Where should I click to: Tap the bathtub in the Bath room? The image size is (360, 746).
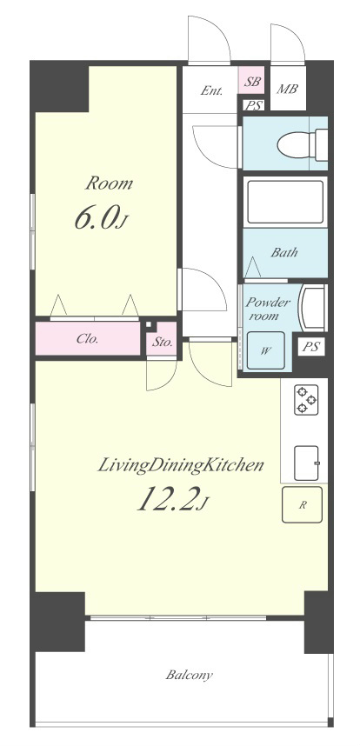click(285, 201)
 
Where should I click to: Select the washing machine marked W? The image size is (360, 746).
click(266, 351)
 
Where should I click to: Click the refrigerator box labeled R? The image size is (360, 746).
click(302, 505)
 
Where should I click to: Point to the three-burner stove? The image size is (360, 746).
click(306, 400)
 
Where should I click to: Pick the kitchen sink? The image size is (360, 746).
click(306, 463)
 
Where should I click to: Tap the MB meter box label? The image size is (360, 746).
click(287, 89)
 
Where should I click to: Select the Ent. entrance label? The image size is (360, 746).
click(211, 90)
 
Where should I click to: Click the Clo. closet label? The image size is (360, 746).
click(88, 339)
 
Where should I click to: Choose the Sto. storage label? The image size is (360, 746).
click(163, 342)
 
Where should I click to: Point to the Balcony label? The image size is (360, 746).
click(190, 675)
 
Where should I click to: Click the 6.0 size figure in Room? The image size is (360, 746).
click(95, 219)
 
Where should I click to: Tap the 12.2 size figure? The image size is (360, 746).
click(168, 497)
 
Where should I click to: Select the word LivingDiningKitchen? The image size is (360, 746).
click(181, 465)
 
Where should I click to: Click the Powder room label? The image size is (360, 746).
click(267, 309)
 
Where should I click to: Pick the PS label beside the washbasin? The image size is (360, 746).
click(311, 347)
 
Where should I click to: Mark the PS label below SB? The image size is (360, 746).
click(254, 105)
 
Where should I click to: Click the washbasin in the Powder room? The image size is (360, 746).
click(312, 307)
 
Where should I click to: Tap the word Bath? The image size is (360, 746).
click(284, 252)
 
